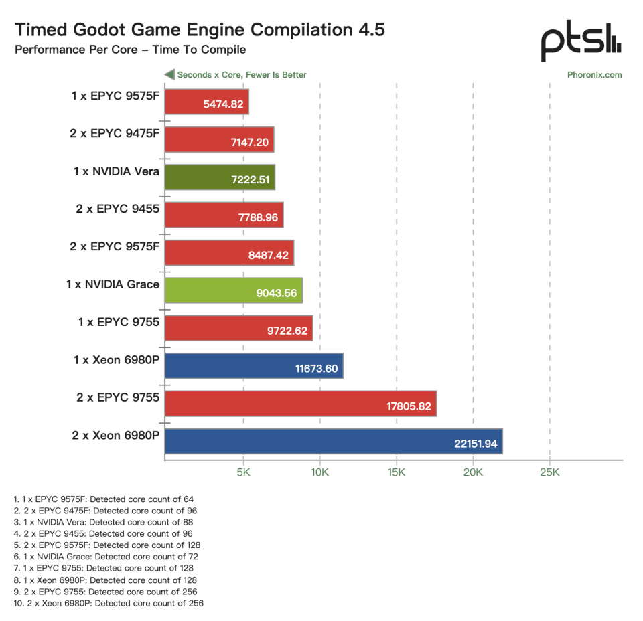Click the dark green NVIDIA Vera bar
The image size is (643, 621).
point(220,177)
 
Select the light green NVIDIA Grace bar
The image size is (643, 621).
point(234,290)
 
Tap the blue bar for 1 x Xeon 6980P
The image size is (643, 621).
point(254,366)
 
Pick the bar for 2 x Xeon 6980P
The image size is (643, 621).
point(334,441)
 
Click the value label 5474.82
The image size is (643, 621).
point(223,104)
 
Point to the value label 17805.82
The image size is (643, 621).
point(409,406)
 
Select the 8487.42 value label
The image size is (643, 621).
point(268,255)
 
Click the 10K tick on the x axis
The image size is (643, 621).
point(320,472)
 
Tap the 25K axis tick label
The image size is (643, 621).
point(549,472)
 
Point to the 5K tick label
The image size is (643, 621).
point(243,472)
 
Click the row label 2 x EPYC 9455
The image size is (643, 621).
point(117,209)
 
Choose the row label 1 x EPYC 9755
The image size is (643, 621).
point(119,322)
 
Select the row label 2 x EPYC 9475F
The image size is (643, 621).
point(115,134)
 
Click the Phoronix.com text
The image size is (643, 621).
point(594,74)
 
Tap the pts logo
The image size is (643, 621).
point(581,41)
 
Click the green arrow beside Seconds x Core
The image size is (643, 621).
point(169,74)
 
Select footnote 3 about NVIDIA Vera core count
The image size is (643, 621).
point(103,522)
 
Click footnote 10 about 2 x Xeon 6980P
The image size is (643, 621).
point(109,603)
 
